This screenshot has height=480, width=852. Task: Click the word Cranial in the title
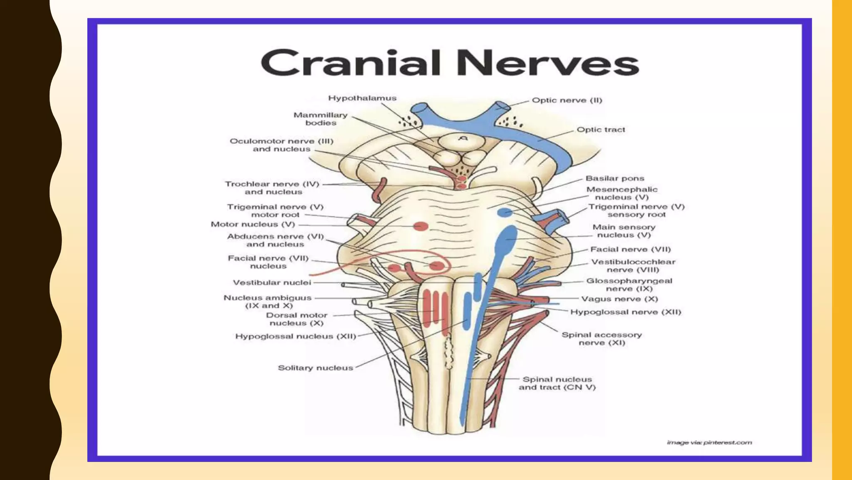tap(351, 63)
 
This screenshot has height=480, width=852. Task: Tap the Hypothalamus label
tap(362, 98)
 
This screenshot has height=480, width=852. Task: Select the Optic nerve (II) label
tap(567, 100)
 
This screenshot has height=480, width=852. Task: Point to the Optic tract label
tap(601, 130)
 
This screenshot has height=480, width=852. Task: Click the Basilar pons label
tap(615, 178)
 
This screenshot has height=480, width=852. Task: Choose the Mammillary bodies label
tap(320, 119)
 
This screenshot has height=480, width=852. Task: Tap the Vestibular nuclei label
tap(272, 282)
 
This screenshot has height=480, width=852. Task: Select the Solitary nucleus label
tap(315, 368)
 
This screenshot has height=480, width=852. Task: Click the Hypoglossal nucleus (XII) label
tap(296, 336)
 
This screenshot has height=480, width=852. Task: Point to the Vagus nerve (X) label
tap(619, 299)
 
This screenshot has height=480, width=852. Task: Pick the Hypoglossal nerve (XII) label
tap(626, 312)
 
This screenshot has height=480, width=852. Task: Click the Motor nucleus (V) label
tap(253, 224)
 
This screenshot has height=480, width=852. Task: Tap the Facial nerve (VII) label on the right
tap(631, 250)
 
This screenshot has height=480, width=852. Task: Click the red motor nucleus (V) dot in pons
tap(421, 226)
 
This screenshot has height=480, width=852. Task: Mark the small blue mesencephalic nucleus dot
tap(505, 212)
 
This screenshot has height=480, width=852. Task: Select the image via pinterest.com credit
tap(709, 442)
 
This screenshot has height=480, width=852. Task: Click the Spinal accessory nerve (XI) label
tap(602, 339)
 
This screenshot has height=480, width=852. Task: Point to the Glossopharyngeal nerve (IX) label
tap(629, 285)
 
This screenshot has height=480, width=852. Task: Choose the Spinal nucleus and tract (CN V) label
tap(557, 383)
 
